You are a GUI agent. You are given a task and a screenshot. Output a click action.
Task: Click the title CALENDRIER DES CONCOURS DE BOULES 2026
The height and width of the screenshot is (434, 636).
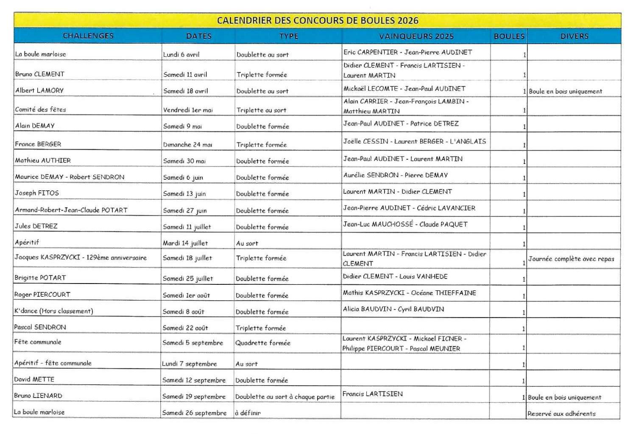[318, 20]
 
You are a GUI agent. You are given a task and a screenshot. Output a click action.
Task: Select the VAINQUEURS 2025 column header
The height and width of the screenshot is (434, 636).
[416, 36]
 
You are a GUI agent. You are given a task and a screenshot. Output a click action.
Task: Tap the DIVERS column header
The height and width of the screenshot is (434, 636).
[574, 36]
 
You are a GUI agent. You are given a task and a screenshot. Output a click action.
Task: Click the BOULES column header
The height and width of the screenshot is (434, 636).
[509, 36]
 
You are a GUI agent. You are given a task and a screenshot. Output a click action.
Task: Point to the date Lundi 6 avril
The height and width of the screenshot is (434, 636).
[181, 54]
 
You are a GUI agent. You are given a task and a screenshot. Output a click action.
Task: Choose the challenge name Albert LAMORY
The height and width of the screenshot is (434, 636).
[39, 90]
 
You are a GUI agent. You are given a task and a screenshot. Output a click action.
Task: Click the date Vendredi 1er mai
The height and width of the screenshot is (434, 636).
[188, 110]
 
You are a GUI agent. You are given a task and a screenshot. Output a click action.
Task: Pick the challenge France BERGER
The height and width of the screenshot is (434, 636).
[38, 144]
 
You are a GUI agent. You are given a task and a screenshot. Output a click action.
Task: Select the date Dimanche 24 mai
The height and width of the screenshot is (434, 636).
[187, 145]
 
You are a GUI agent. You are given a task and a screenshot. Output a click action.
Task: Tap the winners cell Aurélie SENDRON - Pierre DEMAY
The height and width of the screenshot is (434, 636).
[395, 175]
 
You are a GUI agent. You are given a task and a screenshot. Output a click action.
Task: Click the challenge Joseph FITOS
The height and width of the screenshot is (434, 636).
[37, 193]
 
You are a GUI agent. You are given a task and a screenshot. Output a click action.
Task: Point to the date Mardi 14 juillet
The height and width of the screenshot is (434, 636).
[185, 243]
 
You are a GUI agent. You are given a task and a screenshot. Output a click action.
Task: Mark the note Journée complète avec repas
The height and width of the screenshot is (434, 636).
[571, 259]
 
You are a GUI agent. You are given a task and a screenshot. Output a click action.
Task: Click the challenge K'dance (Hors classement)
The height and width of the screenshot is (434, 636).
[53, 311]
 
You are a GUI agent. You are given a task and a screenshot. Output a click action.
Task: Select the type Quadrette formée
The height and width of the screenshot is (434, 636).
[263, 342]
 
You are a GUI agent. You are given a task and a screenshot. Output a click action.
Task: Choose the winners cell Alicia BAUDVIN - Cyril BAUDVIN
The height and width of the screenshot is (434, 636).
[393, 309]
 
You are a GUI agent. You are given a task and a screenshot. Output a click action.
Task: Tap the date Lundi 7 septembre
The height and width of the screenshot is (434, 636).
[189, 364]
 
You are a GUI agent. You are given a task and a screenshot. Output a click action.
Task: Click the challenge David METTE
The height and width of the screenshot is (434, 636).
[34, 379]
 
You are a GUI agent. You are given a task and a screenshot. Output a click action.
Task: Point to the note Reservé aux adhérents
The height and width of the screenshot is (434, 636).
[561, 413]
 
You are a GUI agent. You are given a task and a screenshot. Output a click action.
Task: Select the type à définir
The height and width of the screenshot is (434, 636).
[248, 412]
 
